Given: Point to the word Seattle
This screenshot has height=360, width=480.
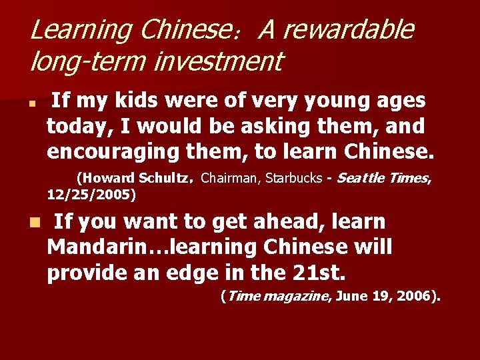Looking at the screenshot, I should (363, 179).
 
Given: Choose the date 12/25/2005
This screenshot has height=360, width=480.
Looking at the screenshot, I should (91, 195).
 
